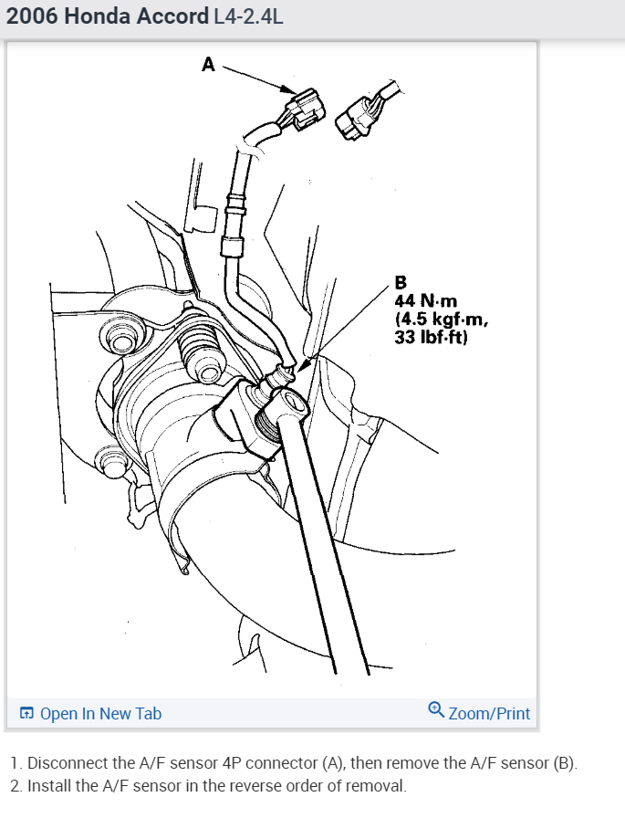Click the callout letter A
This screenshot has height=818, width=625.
[208, 64]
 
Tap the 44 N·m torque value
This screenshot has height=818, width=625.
[427, 299]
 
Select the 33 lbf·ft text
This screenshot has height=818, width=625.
[431, 337]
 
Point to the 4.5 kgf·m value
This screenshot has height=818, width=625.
[442, 319]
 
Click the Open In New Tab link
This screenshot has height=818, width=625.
[100, 714]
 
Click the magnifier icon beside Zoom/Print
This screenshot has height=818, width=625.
[436, 710]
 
